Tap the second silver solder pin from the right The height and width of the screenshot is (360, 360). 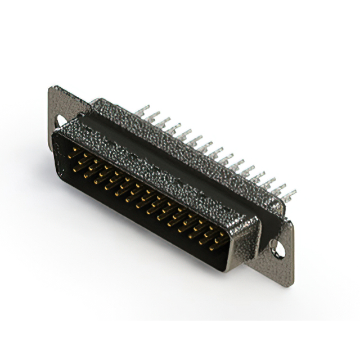pyautogui.click(x=278, y=190)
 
